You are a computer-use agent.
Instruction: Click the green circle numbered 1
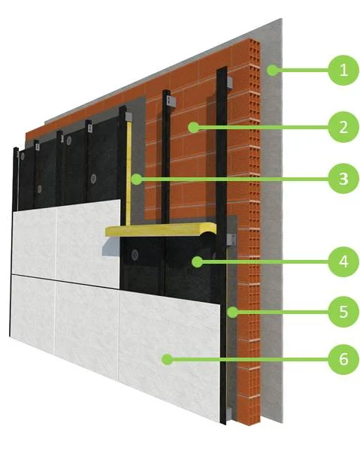(343, 70)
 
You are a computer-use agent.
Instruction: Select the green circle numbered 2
(343, 127)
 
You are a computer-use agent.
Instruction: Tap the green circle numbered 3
(343, 179)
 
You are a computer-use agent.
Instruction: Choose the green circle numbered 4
(343, 261)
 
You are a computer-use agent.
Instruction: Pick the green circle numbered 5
(343, 312)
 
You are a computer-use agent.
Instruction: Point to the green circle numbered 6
(343, 359)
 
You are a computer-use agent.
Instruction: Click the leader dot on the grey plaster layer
(272, 70)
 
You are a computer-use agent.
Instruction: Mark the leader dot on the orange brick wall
(194, 127)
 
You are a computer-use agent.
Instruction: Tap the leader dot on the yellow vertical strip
(137, 179)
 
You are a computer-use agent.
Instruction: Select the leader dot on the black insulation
(197, 261)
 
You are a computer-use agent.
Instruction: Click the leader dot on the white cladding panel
(167, 359)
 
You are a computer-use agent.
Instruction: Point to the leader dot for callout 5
(232, 312)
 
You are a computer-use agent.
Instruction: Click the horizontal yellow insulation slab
(161, 229)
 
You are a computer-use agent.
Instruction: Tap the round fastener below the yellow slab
(135, 255)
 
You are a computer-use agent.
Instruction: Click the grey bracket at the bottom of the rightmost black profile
(228, 413)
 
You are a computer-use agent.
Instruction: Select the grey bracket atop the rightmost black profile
(229, 83)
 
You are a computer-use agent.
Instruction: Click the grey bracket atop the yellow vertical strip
(129, 116)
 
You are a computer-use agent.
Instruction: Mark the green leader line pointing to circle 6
(250, 359)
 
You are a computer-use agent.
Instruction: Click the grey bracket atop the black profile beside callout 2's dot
(171, 101)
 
